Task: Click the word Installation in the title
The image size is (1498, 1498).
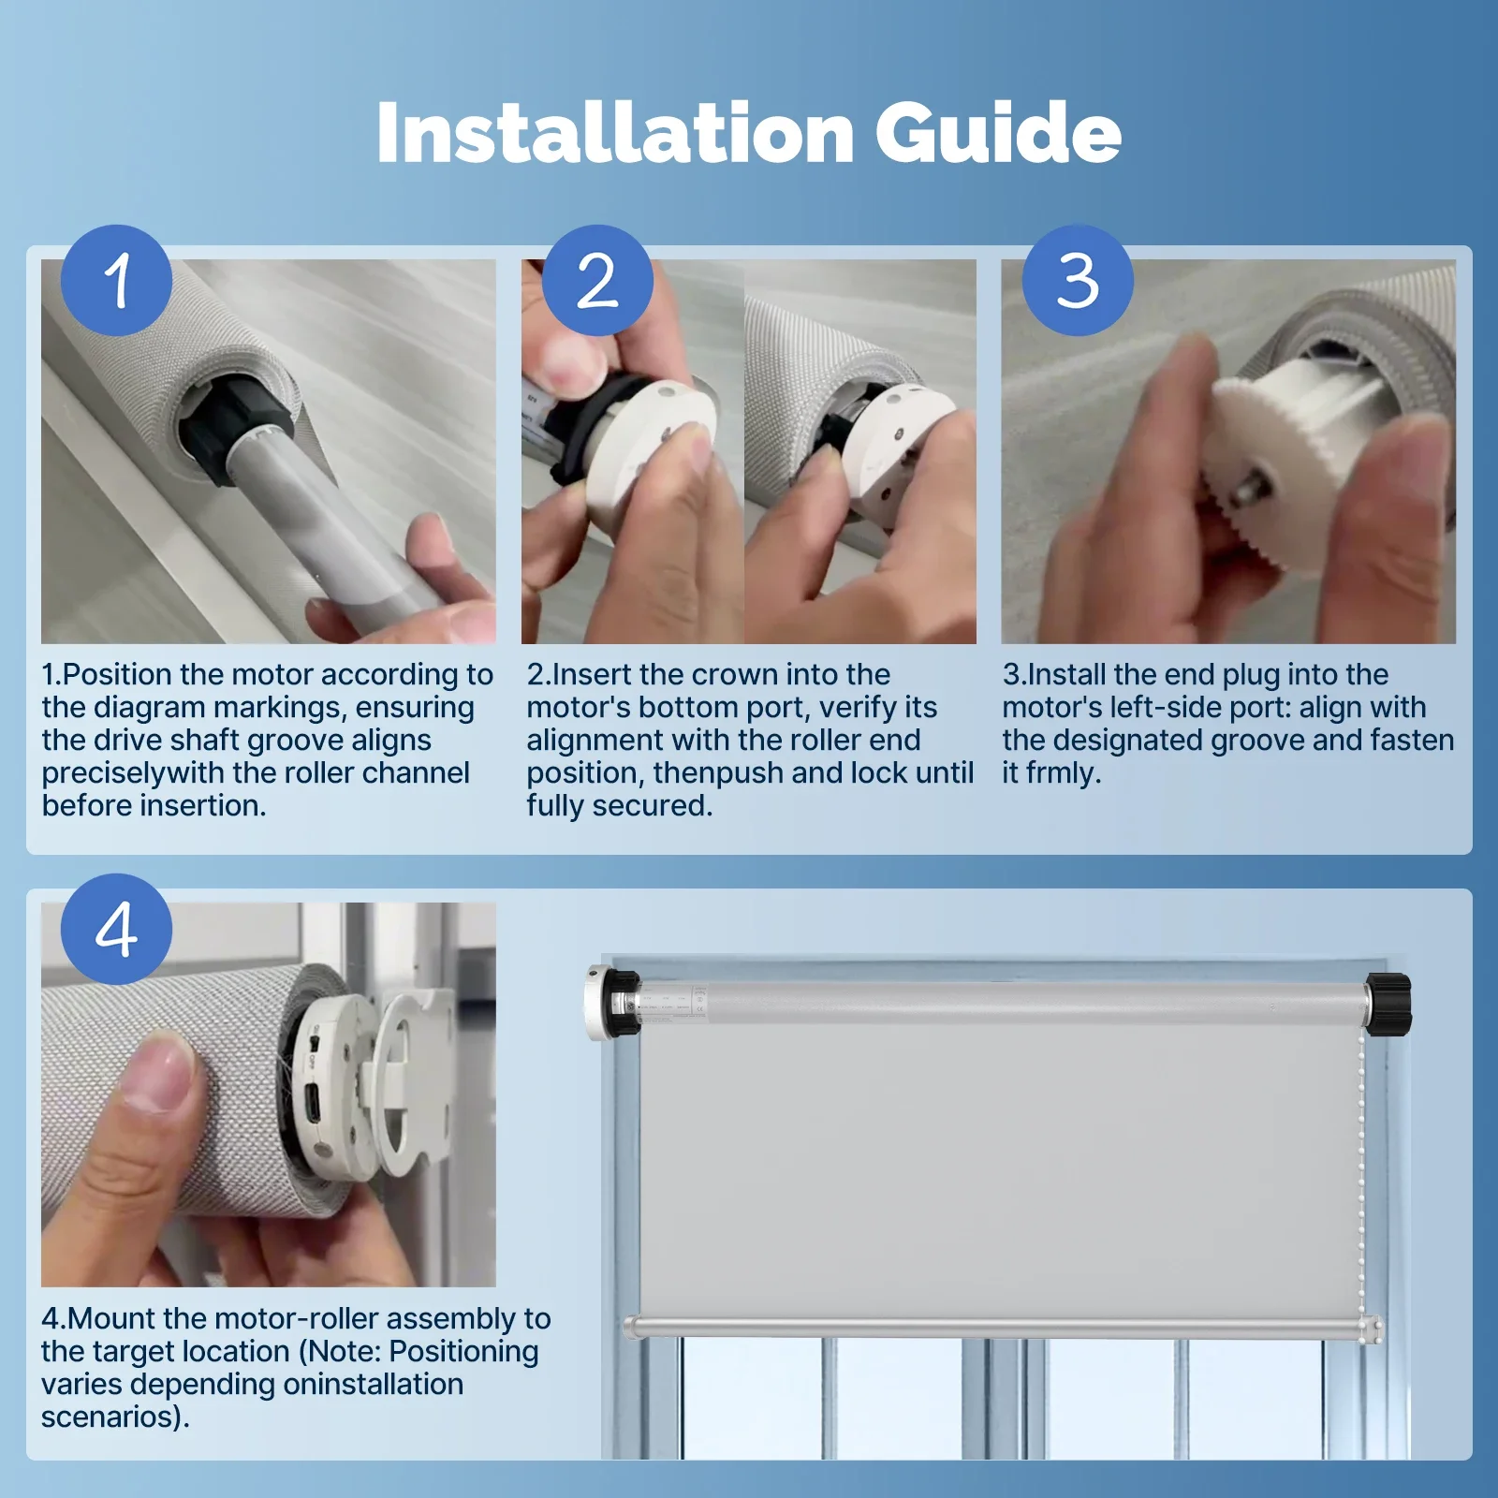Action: (614, 133)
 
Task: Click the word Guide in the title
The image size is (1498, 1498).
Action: (998, 133)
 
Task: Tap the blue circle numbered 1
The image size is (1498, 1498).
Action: (116, 280)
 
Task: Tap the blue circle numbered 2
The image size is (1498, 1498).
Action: (597, 280)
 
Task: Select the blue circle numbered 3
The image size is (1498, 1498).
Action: (1078, 280)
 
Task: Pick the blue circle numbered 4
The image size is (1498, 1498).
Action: (116, 929)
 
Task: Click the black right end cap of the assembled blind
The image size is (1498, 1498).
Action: (1388, 1004)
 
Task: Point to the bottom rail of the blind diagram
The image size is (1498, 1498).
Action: (1003, 1327)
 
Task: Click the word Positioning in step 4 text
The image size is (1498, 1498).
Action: (463, 1352)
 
